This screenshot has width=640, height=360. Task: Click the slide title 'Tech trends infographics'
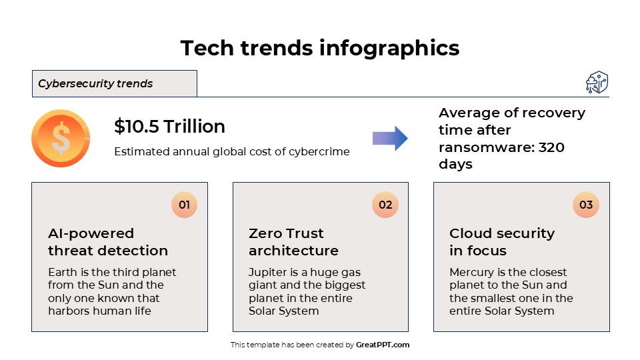(x=320, y=48)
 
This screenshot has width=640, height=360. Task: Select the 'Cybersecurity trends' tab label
(x=95, y=84)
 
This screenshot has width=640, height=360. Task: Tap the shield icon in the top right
(x=597, y=83)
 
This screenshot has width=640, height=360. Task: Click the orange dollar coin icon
(x=61, y=139)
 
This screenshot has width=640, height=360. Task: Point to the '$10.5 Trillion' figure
(x=169, y=127)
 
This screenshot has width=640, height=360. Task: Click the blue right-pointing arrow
(x=390, y=138)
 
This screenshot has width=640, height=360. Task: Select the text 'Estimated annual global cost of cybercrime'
(x=231, y=151)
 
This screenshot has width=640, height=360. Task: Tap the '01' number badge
(x=184, y=205)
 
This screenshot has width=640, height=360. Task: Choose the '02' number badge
(x=385, y=205)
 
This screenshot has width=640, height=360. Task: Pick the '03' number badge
(x=586, y=205)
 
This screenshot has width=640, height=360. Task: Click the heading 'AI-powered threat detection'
(x=108, y=242)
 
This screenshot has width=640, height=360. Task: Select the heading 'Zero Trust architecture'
(x=293, y=242)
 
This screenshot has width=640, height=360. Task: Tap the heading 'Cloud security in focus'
(x=501, y=242)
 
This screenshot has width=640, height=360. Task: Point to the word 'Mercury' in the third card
(x=472, y=273)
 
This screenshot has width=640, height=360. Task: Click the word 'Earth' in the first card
(x=62, y=273)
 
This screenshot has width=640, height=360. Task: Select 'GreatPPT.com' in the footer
(x=383, y=345)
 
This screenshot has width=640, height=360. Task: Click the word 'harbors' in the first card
(x=68, y=311)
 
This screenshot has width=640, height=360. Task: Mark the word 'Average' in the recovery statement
(x=465, y=113)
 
